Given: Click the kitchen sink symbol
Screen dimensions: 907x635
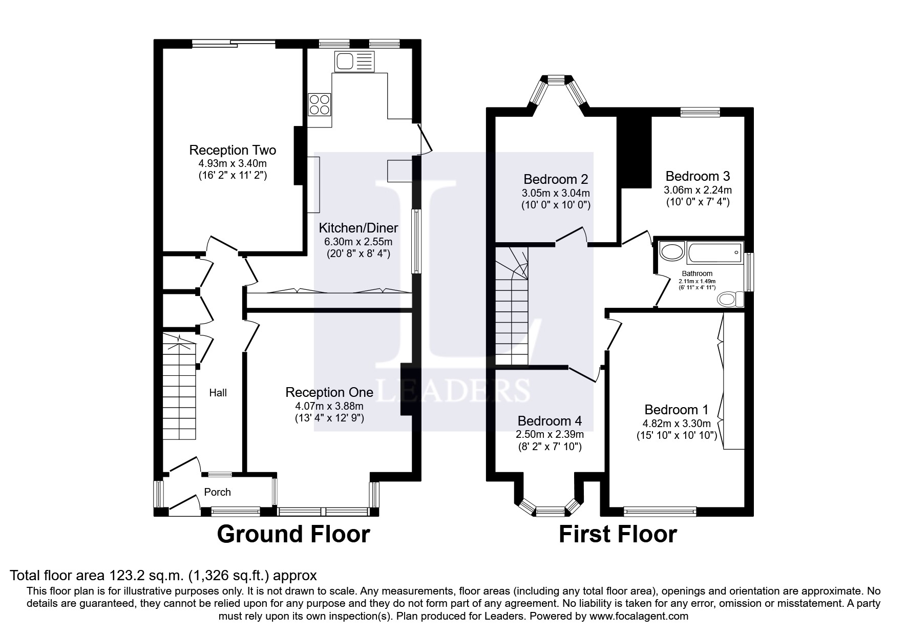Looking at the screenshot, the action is pos(355,62).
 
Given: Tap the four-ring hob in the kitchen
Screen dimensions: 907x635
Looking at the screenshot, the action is pos(320,104).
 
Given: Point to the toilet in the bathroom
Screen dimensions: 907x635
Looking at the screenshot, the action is pos(731,299).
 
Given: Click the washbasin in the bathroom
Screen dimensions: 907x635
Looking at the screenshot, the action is pos(670,251).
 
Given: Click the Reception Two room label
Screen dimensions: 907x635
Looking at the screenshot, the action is pos(233,150).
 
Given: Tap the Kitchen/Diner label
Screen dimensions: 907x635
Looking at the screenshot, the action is pos(358,228).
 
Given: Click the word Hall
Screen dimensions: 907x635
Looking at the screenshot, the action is pos(218,393).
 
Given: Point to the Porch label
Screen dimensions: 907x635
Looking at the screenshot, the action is pos(218,492).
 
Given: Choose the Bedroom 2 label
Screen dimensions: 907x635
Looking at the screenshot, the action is pos(556,179).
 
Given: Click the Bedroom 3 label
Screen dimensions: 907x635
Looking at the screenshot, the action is pos(698,176).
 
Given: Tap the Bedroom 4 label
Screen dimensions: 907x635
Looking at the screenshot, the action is pos(550,421).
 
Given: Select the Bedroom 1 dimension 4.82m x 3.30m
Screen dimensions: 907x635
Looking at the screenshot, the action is pos(677,424).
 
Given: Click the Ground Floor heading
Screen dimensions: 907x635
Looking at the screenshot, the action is pos(293,534).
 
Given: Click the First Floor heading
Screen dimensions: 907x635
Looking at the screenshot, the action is pos(618,534).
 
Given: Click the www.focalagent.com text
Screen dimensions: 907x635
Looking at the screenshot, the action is pos(639,616).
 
